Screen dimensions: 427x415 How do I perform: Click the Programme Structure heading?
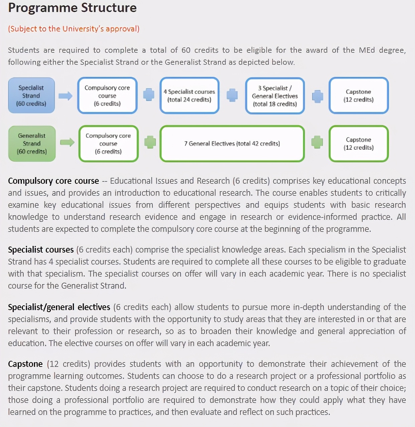pos(72,8)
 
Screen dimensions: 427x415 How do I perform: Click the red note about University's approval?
pos(74,29)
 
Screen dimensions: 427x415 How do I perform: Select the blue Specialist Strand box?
pos(31,96)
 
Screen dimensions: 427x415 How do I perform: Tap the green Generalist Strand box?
pos(32,144)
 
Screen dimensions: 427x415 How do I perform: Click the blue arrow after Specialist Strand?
pos(65,96)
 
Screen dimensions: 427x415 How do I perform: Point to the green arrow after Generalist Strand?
pos(67,143)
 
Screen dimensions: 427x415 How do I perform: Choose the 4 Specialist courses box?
pos(189,96)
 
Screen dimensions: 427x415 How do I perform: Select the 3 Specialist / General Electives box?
pos(275,96)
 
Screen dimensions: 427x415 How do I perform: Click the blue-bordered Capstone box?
pos(359,96)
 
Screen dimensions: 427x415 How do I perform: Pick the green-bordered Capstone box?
pos(359,144)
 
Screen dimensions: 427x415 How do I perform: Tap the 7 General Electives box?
pos(232,144)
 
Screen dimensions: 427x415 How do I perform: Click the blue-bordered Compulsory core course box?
pos(107,96)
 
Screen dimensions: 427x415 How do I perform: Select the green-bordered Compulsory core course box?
pos(108,144)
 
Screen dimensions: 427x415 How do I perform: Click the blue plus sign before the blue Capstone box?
pos(317,96)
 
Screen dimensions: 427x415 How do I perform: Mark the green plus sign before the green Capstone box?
pos(317,142)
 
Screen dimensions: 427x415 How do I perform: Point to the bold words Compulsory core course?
pos(53,181)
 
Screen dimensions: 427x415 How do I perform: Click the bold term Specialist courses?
pos(41,250)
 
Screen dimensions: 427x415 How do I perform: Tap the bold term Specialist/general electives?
pos(59,307)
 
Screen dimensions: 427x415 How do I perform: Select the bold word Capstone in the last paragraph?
pos(25,364)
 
